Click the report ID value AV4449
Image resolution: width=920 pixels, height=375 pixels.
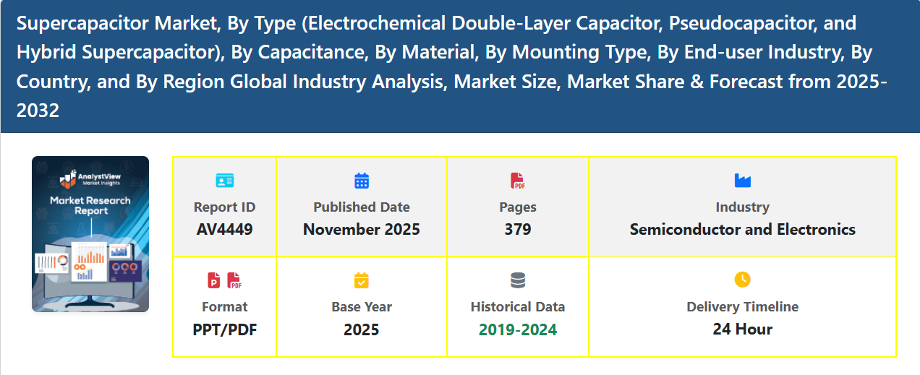pos(224,230)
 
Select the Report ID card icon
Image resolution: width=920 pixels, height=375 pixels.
pos(225,181)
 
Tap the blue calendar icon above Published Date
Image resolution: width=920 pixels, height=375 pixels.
pos(362,181)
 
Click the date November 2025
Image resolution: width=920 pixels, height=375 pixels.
pos(362,230)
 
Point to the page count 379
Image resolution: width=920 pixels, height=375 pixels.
pos(518,230)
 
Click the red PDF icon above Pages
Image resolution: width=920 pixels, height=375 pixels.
pos(518,181)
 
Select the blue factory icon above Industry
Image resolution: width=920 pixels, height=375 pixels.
pos(742,181)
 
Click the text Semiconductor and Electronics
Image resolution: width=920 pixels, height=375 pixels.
pos(742,230)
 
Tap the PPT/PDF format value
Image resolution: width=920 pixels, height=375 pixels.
pos(225,329)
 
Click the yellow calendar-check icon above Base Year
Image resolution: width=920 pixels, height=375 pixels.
pos(362,280)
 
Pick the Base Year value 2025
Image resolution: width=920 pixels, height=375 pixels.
pos(362,329)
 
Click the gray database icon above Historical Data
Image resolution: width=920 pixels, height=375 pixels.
pos(518,280)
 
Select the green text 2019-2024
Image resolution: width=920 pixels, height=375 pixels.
pos(518,329)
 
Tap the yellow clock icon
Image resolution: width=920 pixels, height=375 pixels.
pos(742,280)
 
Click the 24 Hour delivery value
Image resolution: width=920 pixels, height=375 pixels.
pos(742,329)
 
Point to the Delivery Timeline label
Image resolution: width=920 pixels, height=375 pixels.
pos(742,307)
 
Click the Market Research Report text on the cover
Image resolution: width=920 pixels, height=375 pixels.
pos(90,205)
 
